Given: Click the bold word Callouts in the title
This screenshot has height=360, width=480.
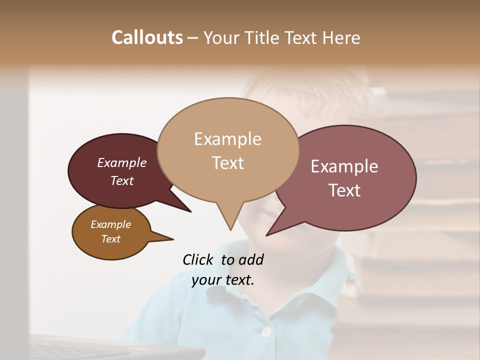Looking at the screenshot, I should (147, 37).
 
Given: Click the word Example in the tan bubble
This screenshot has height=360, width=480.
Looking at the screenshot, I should (227, 139).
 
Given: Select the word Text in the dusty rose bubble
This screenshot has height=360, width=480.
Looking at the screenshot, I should (345, 190).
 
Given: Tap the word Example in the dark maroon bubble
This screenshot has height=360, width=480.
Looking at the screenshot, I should (121, 163).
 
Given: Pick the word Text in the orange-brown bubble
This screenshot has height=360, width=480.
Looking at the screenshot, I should (111, 239).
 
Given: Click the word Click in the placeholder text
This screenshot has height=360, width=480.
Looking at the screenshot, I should (198, 259).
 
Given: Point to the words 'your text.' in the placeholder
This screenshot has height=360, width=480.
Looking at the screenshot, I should (223, 280).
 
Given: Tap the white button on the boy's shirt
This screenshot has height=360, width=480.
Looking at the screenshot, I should (266, 331).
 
